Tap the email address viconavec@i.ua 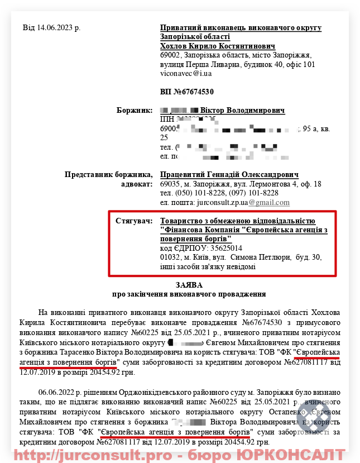(186, 73)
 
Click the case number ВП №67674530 (187, 92)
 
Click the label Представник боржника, (108, 175)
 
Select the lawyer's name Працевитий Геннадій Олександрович (229, 175)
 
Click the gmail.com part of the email (269, 202)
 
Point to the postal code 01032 (170, 257)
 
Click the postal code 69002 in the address (170, 55)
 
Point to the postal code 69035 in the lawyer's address (170, 184)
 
